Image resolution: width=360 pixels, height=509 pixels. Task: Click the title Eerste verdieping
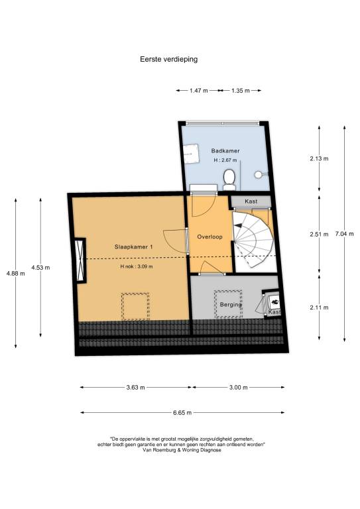169,60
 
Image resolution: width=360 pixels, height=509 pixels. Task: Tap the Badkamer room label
225,150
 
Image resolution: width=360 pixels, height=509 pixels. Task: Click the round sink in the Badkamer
259,174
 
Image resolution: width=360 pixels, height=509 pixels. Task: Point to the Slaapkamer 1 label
133,247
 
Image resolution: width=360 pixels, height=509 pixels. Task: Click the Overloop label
210,237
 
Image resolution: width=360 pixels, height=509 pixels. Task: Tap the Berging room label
231,304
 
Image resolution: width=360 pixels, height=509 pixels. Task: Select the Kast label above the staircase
251,201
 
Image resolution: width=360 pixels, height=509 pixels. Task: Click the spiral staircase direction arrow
238,225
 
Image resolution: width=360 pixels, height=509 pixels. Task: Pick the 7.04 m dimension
344,234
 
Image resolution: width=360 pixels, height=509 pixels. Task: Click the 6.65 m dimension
182,413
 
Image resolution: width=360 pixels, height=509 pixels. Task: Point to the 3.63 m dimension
136,387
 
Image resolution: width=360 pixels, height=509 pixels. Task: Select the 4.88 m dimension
16,273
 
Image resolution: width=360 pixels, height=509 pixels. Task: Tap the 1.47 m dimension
199,91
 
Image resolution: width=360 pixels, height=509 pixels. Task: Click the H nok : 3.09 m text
137,266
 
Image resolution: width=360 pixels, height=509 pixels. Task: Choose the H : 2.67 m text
225,160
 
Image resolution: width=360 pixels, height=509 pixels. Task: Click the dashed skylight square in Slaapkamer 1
135,306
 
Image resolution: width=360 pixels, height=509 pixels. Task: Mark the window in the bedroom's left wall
80,260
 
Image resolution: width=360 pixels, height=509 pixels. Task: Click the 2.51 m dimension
319,234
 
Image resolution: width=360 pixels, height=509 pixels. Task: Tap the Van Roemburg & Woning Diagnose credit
182,450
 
